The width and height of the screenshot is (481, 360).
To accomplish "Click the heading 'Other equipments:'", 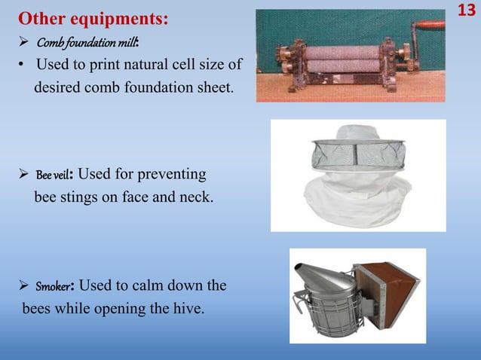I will (x=93, y=17).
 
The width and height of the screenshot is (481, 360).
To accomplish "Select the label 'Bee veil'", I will (x=52, y=176).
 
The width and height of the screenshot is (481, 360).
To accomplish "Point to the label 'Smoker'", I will (x=55, y=287).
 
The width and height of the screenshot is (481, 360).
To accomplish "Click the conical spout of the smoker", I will (x=315, y=275).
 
